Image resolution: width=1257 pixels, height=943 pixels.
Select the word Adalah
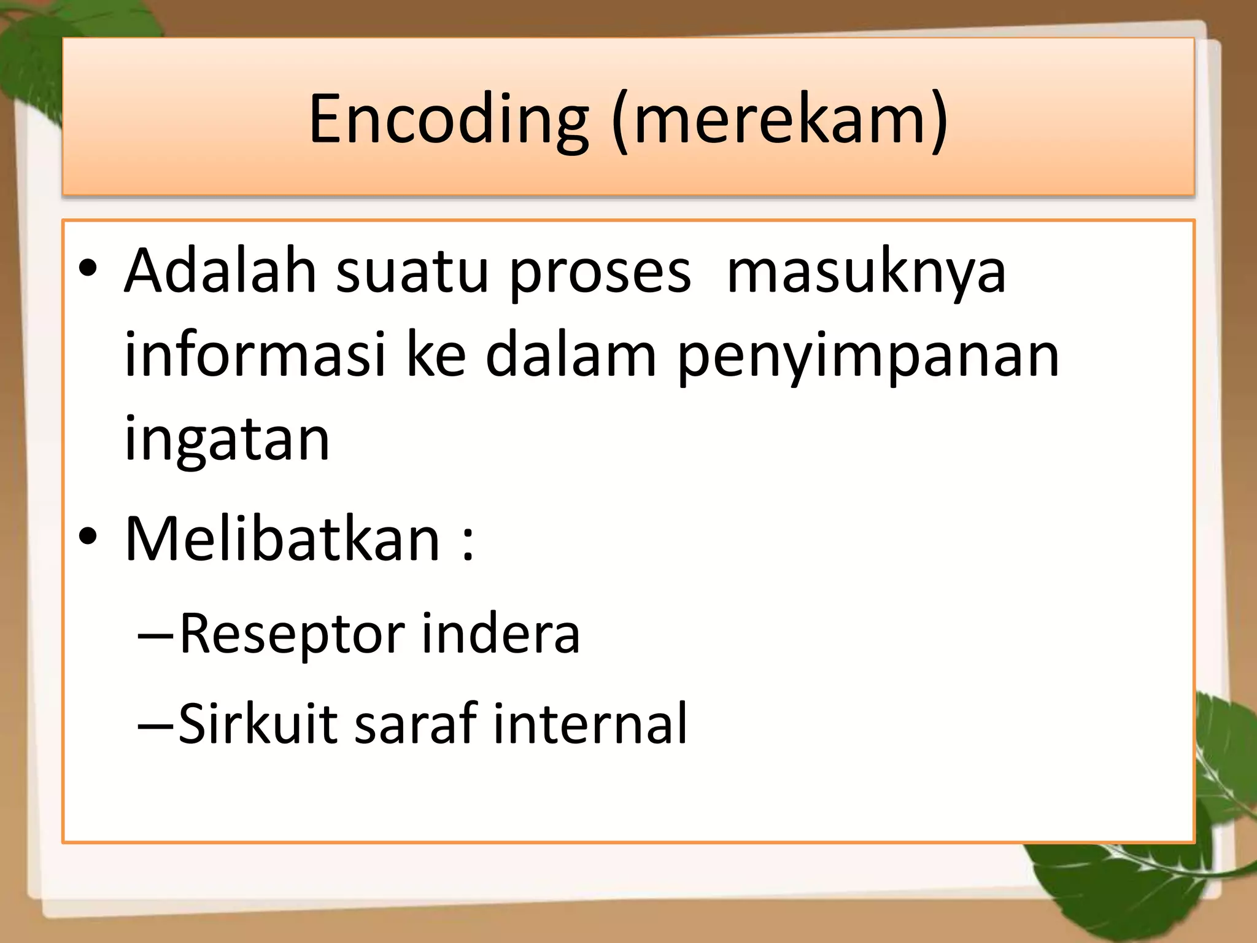point(220,272)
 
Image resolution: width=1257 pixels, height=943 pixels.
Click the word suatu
point(412,272)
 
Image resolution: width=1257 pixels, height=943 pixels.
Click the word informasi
point(255,355)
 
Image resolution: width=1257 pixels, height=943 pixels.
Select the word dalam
point(571,355)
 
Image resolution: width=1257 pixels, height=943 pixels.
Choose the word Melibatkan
point(282,539)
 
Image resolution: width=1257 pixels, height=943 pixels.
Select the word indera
point(501,634)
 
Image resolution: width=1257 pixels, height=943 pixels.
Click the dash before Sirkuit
point(156,726)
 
